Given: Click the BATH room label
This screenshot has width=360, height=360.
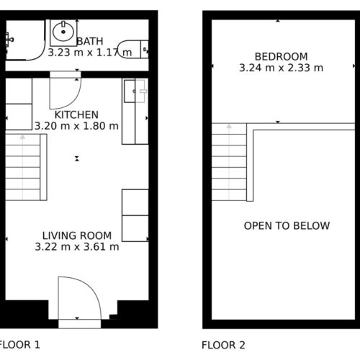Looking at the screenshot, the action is (x=90, y=41).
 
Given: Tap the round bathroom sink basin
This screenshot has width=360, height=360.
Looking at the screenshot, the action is (x=63, y=31).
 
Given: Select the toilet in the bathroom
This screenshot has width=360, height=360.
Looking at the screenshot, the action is (x=133, y=49).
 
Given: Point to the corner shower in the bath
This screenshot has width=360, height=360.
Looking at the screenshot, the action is (x=25, y=40).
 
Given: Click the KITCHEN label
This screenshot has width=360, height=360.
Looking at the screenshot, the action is (x=76, y=114).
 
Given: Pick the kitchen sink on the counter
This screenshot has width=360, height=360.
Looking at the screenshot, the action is (x=135, y=91).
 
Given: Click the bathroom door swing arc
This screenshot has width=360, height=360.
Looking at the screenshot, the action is (x=66, y=93).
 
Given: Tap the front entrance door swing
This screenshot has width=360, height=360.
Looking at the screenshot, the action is (x=80, y=298).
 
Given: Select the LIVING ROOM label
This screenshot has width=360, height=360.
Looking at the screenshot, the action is (x=77, y=235).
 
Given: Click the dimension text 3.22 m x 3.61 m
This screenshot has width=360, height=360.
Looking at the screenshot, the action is (x=77, y=247).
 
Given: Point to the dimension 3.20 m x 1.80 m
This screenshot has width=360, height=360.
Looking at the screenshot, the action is (x=76, y=126).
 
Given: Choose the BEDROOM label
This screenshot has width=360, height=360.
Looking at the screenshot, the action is (x=281, y=57).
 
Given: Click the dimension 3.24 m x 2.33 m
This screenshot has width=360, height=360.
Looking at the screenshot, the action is (x=281, y=68).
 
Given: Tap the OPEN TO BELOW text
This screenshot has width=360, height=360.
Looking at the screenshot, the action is (x=287, y=226).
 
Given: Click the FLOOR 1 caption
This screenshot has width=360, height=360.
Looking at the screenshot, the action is (x=19, y=345).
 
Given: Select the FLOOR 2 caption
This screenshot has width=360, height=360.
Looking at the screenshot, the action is (x=223, y=345).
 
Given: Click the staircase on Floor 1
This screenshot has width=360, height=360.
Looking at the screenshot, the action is (x=26, y=167).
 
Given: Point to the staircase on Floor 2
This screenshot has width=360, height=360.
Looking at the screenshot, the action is (x=233, y=162).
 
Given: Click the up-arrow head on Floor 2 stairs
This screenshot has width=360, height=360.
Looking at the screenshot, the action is (x=229, y=126).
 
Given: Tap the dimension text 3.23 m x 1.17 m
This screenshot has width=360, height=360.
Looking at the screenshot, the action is (x=90, y=53).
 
